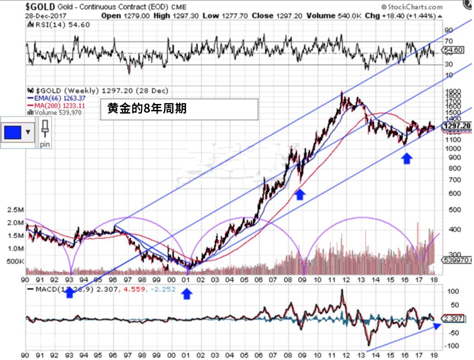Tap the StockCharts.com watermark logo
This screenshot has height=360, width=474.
tap(412, 6)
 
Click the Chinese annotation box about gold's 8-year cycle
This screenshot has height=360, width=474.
tap(179, 109)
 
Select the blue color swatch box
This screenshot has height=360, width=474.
tap(13, 132)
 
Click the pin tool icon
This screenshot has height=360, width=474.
tap(45, 132)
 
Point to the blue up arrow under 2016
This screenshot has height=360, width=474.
tap(407, 158)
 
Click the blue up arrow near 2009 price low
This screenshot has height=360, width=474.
tap(300, 195)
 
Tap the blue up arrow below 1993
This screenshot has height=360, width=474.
tap(70, 293)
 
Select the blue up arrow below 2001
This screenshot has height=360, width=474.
tap(186, 293)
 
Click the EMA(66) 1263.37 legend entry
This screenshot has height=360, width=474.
tap(53, 98)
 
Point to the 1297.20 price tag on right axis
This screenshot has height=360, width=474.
tap(457, 125)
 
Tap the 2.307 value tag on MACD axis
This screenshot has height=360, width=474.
tap(453, 318)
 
